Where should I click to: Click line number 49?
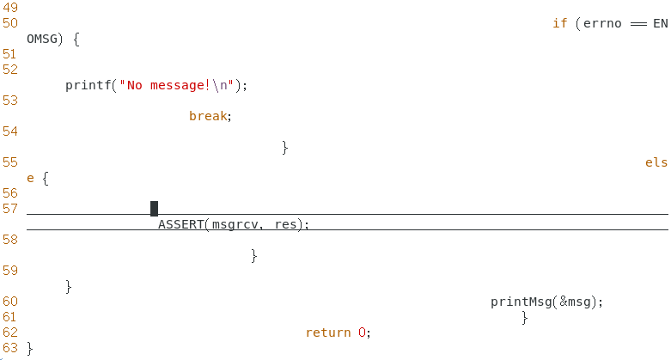[10, 8]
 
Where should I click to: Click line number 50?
[10, 23]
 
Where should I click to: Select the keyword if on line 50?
[559, 23]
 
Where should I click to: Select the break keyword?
[209, 116]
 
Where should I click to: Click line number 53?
[10, 101]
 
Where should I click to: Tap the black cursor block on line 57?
[154, 209]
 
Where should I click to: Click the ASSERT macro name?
[181, 224]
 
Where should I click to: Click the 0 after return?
[363, 333]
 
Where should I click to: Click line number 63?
[10, 348]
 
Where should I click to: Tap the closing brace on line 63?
[30, 348]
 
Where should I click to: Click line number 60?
[10, 302]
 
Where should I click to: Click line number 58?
[10, 240]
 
